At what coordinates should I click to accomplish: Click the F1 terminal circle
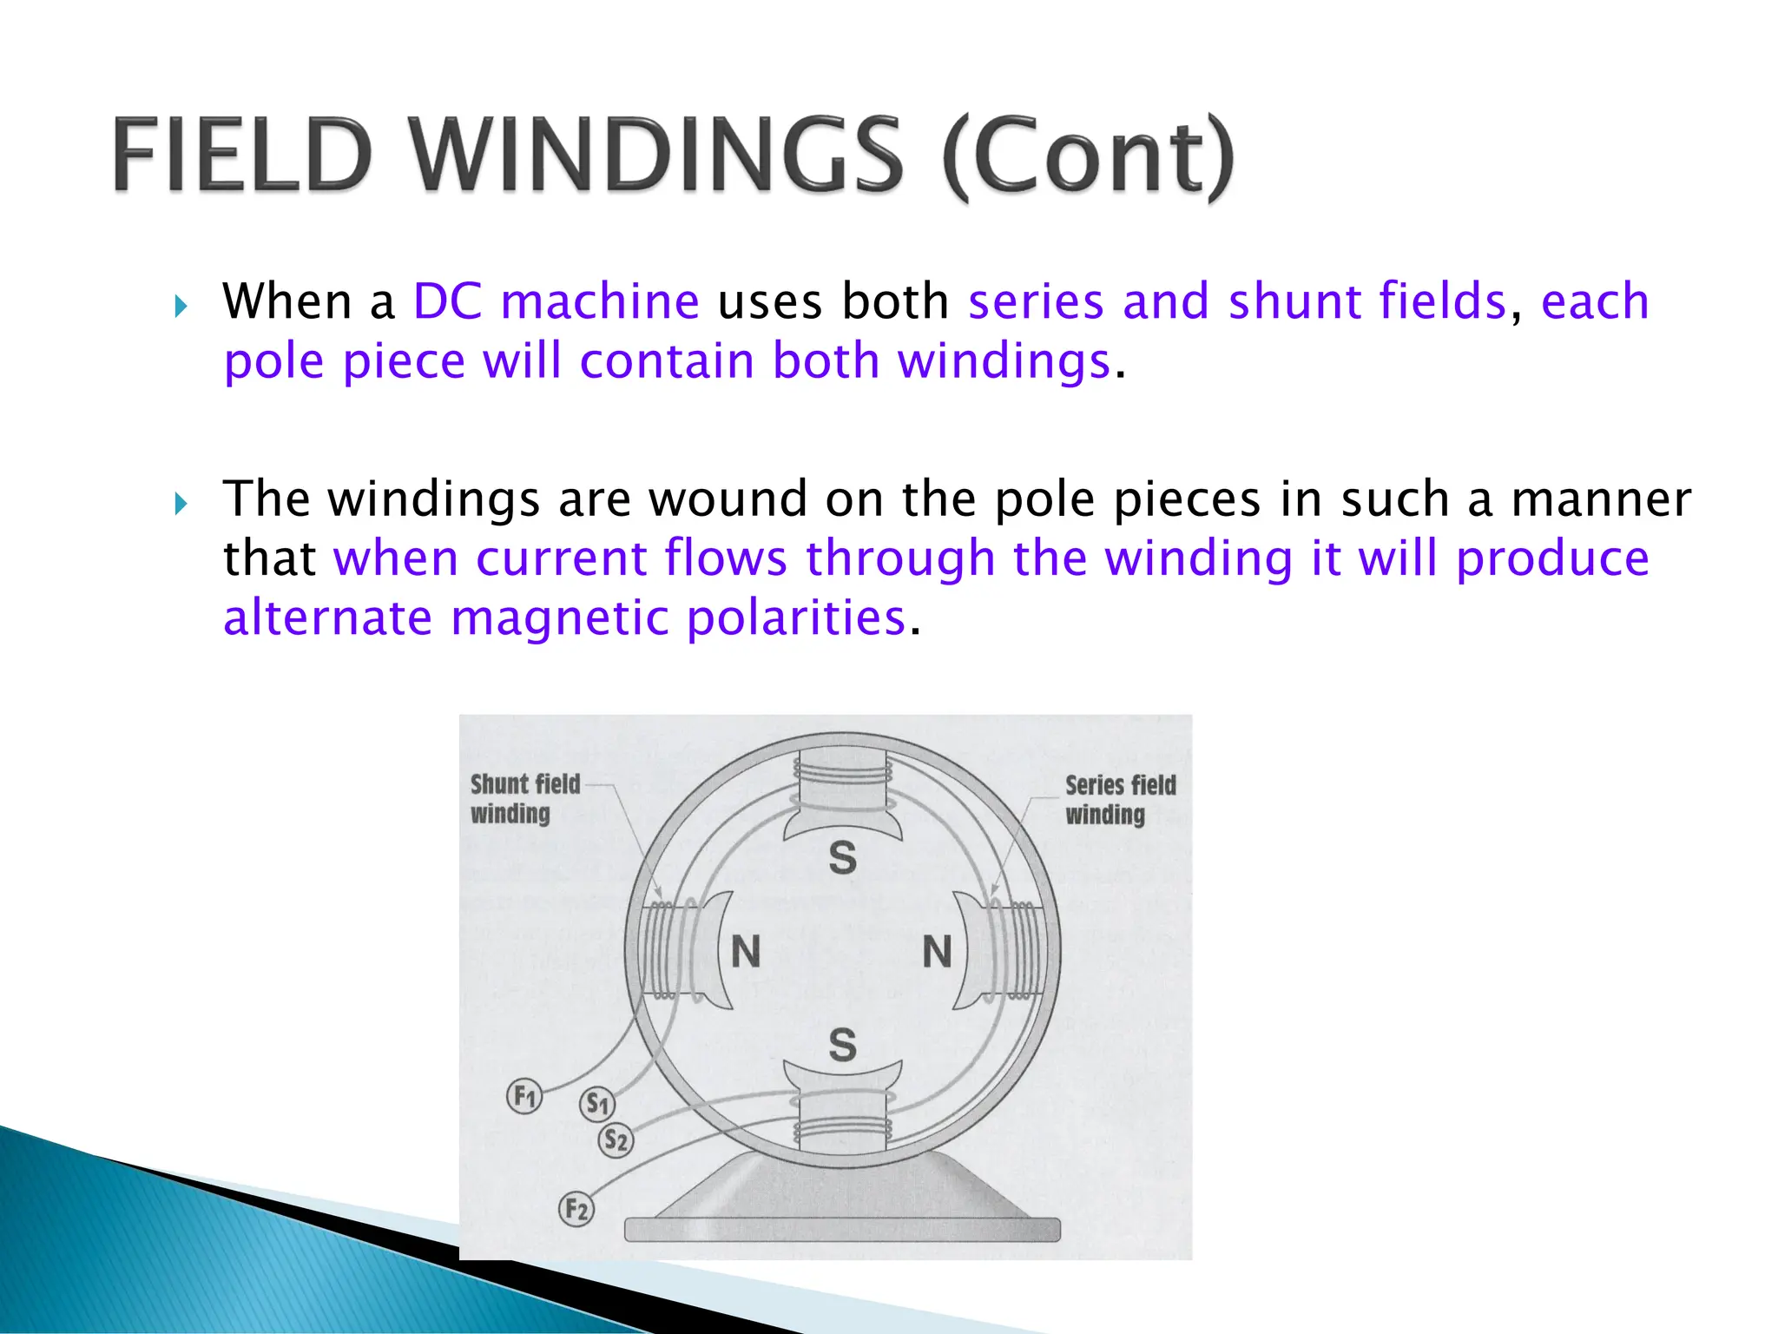(x=524, y=1096)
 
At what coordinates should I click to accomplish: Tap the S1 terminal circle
(x=597, y=1104)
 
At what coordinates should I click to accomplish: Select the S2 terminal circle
(x=616, y=1139)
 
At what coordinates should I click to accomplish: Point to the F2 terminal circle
(x=576, y=1209)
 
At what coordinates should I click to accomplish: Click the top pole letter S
(x=842, y=858)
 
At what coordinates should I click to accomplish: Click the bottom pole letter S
(x=842, y=1045)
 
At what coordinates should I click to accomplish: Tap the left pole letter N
(x=746, y=952)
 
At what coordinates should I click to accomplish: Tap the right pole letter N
(x=938, y=952)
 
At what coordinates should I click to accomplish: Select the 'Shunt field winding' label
(x=524, y=798)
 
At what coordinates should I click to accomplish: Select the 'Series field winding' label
(x=1120, y=799)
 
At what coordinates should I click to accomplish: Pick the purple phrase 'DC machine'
(x=556, y=301)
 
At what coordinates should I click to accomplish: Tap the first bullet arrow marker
(x=181, y=306)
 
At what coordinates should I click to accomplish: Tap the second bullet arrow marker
(x=181, y=503)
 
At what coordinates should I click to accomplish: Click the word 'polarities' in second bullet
(x=796, y=618)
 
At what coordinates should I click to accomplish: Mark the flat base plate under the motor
(x=842, y=1229)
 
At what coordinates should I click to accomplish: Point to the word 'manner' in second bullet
(x=1601, y=499)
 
